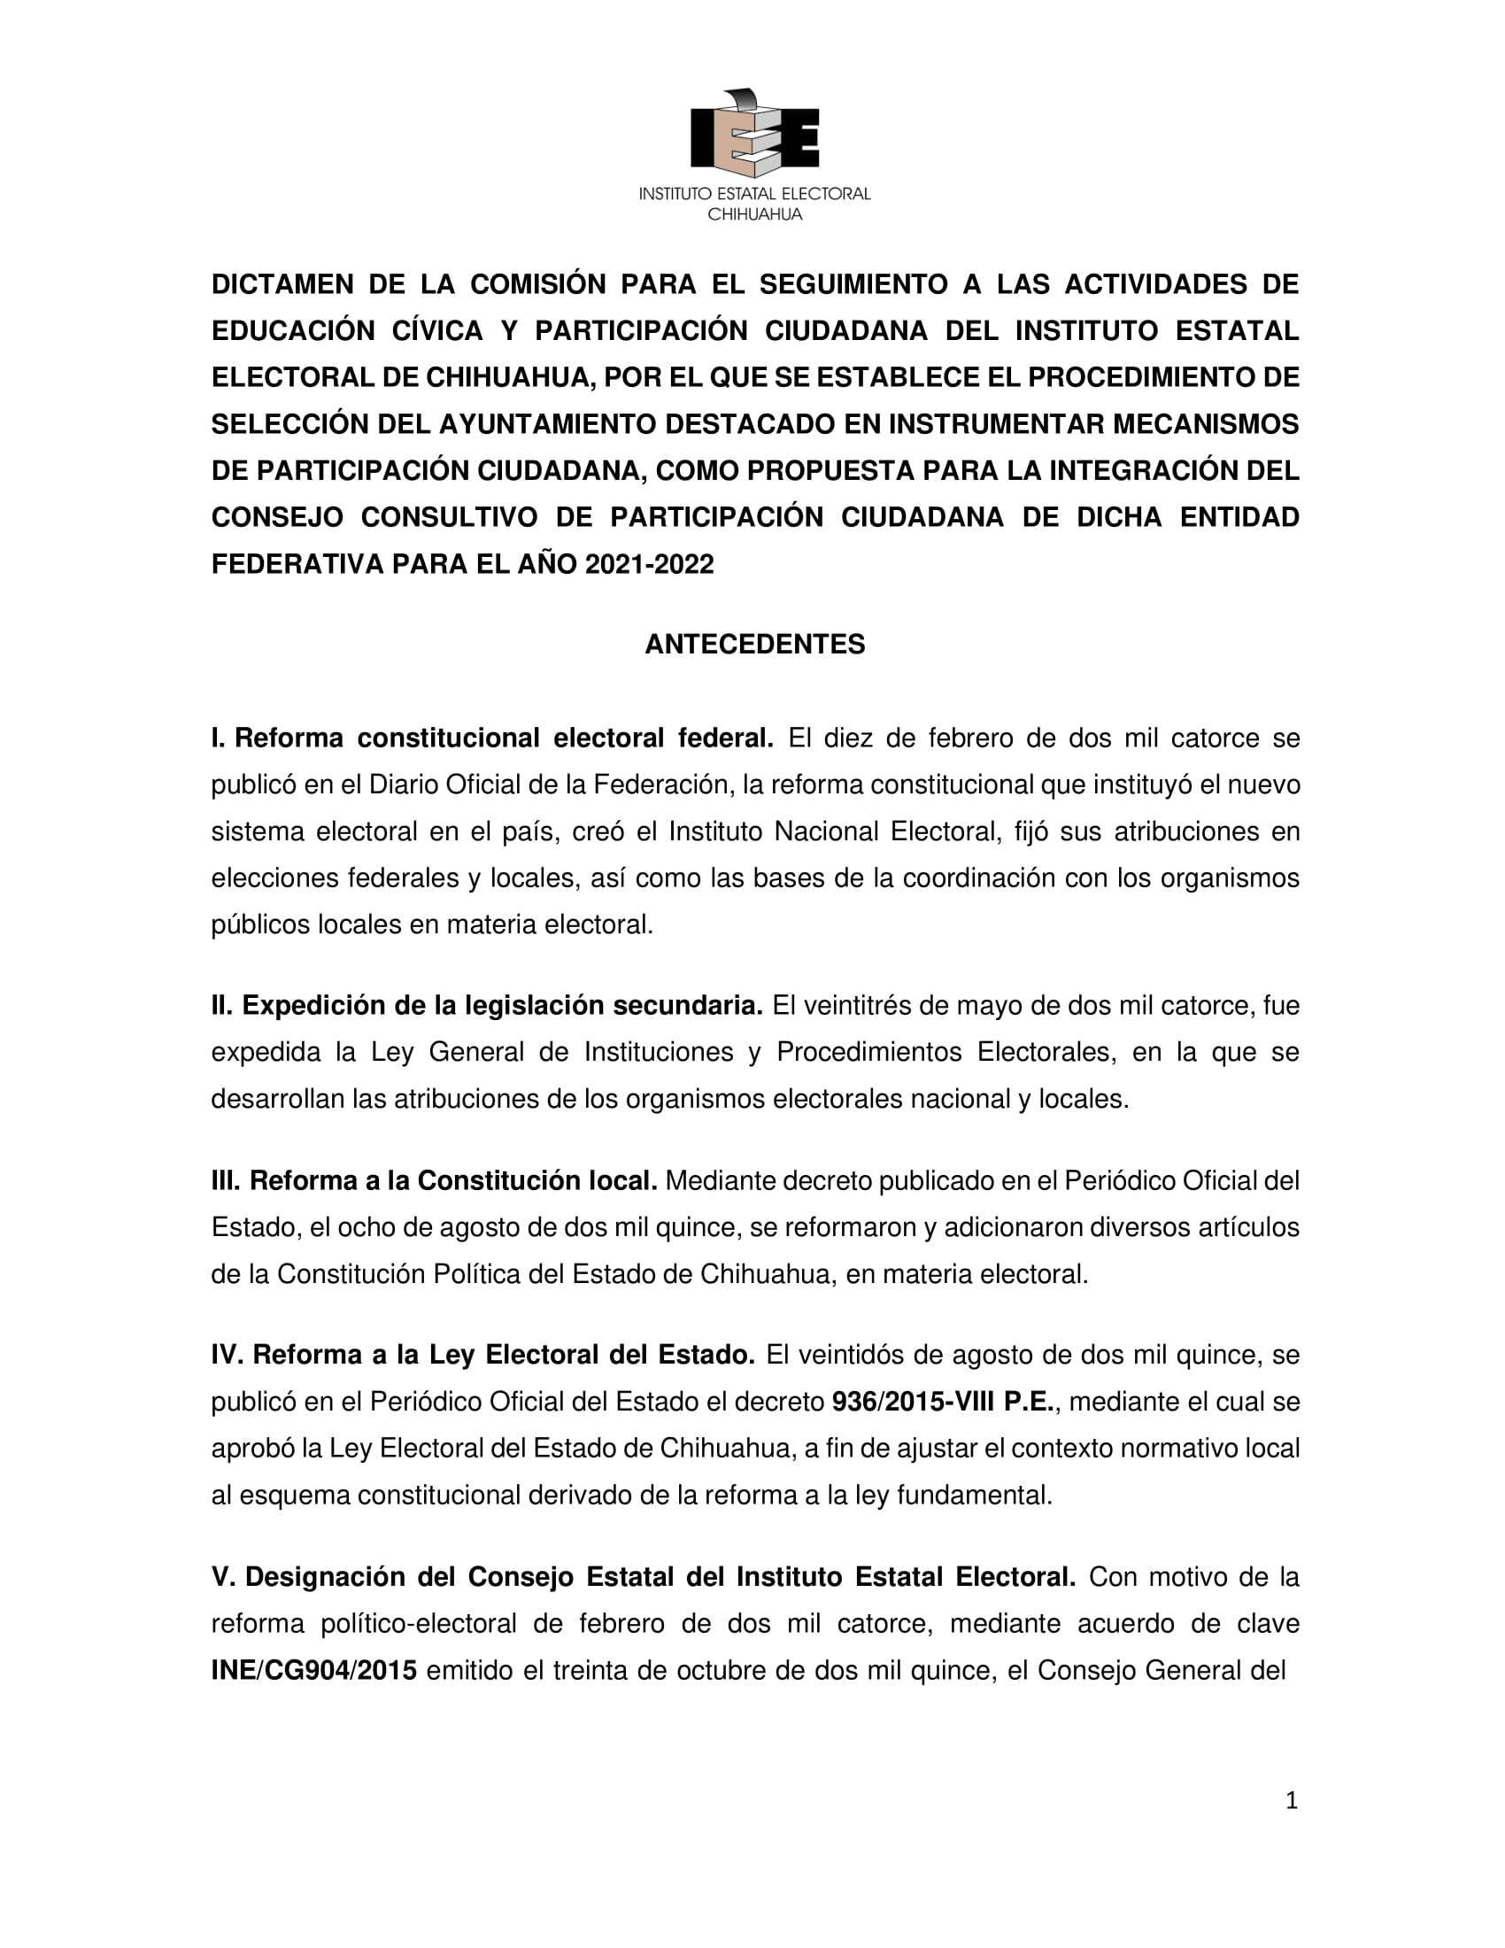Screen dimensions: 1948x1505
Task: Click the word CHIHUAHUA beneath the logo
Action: coord(754,215)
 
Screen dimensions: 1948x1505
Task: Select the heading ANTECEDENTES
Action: coord(754,644)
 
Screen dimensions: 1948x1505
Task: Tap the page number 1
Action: coord(1291,1800)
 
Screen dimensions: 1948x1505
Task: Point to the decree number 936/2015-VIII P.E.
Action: coord(944,1403)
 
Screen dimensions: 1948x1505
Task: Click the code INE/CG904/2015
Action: coord(314,1671)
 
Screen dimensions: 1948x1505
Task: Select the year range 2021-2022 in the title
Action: coord(649,565)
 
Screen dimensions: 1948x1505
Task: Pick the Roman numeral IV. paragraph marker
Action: coord(228,1355)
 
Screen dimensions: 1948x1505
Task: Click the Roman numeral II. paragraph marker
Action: coord(222,1006)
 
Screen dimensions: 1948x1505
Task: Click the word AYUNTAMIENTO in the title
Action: coord(547,424)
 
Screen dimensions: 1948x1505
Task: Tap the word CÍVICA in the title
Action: coord(436,331)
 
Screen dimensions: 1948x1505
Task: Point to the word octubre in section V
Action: coord(722,1671)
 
